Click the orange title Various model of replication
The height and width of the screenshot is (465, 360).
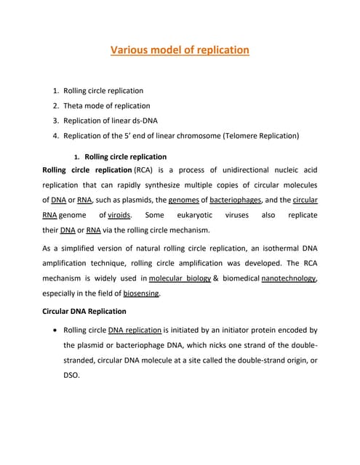pos(180,50)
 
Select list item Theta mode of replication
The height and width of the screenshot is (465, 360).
pos(106,105)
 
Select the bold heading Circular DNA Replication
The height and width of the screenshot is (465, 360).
pos(84,311)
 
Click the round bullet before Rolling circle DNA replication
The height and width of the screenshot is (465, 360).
pos(56,330)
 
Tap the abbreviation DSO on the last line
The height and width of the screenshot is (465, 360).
pos(72,376)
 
